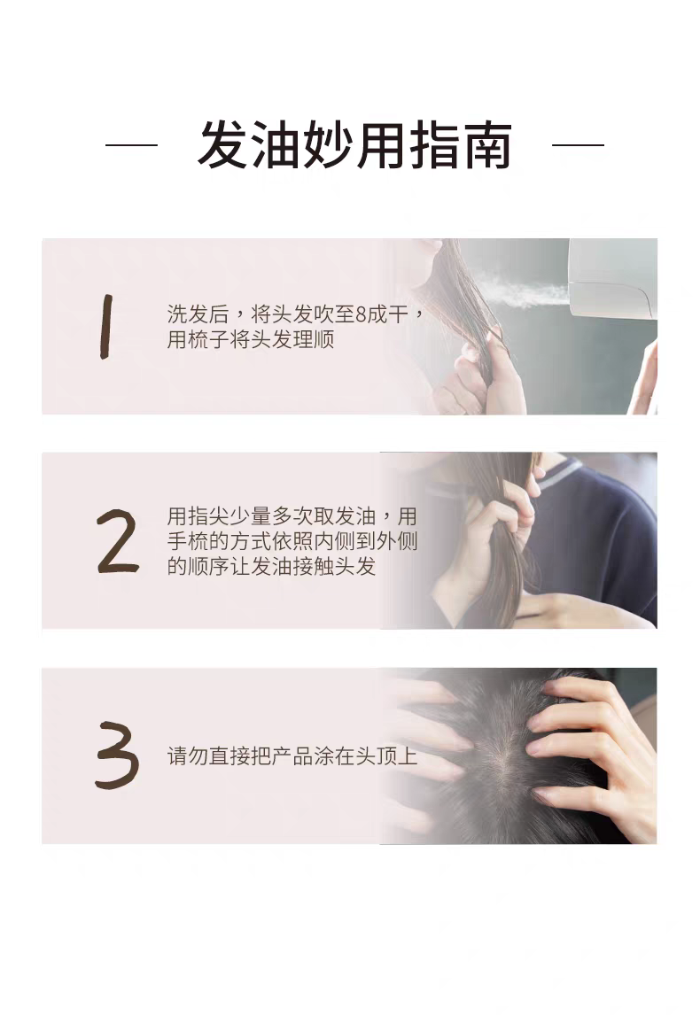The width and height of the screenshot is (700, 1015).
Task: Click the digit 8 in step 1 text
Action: coord(360,314)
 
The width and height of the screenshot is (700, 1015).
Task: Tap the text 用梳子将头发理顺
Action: coord(251,339)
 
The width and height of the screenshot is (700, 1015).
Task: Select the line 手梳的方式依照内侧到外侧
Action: coord(292,541)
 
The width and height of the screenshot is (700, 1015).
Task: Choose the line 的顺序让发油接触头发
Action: coord(271,566)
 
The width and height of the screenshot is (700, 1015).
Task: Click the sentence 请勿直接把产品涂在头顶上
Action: coord(292,757)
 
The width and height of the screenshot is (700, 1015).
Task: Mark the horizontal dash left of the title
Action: coord(131,144)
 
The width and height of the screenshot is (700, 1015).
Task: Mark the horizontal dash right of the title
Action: coord(578,144)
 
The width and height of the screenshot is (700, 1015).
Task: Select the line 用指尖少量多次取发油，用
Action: coord(292,516)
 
